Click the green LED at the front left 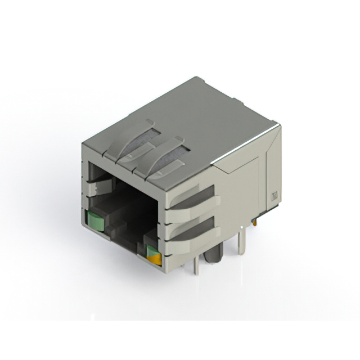tap(94, 221)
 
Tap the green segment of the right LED tap(152, 250)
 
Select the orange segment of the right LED tap(154, 259)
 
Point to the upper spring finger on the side tap(191, 197)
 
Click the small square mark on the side tap(275, 196)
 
